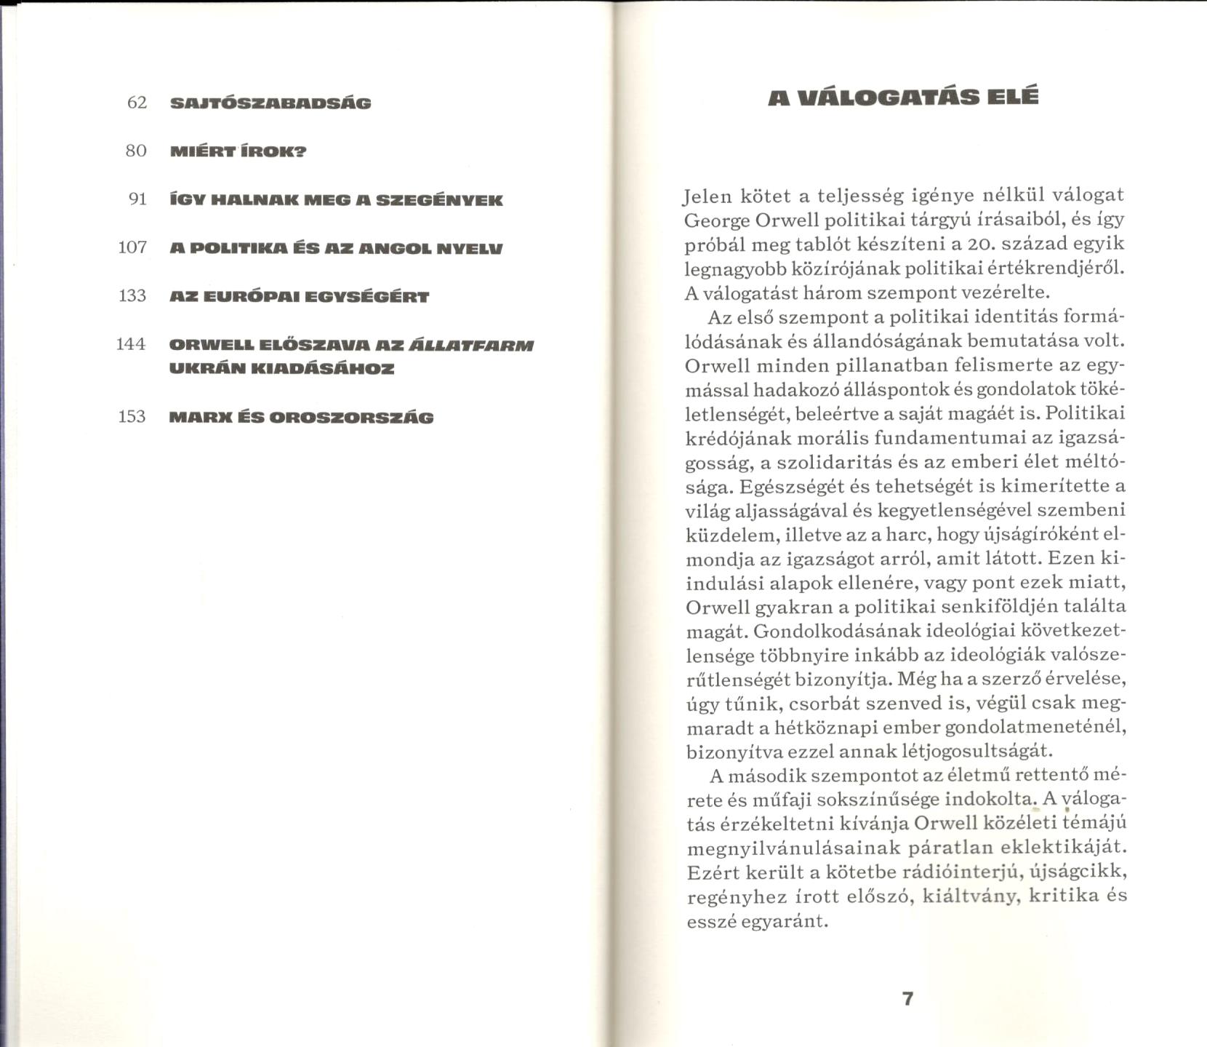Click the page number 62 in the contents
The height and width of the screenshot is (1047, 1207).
point(137,103)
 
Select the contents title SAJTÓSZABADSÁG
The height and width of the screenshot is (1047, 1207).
point(270,103)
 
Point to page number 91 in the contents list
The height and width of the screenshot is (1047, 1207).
point(137,199)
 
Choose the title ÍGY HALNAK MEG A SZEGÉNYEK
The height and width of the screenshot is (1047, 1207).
point(335,200)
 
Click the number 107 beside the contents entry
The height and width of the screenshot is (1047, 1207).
point(132,247)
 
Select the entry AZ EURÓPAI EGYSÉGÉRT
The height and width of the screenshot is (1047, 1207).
point(299,297)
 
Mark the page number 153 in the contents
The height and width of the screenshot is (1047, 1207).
point(132,416)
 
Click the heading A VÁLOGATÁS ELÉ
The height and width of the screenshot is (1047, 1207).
point(903,97)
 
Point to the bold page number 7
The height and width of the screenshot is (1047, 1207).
point(907,998)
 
